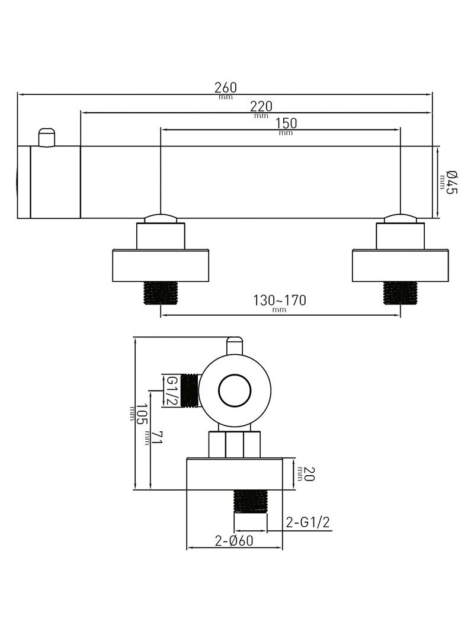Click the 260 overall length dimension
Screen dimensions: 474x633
[226, 87]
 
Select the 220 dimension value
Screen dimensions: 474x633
[261, 107]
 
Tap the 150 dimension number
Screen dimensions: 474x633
[286, 123]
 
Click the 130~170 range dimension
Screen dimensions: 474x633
[279, 300]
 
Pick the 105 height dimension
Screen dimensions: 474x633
[140, 414]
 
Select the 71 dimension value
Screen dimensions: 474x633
[157, 438]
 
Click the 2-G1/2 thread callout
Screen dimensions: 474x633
[308, 523]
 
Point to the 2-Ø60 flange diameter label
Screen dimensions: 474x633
[234, 540]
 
